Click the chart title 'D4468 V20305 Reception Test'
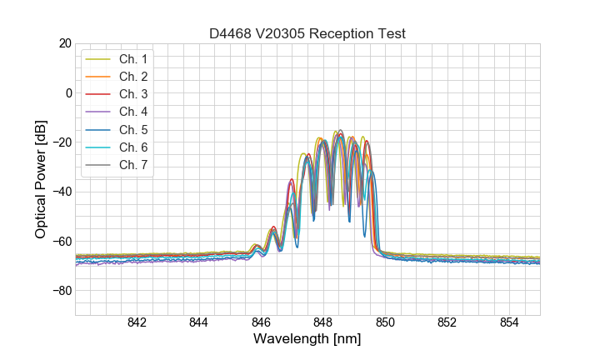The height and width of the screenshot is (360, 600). pos(307,33)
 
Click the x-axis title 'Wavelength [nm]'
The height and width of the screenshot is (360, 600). pos(307,340)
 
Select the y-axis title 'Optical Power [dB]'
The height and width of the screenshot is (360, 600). pos(40,179)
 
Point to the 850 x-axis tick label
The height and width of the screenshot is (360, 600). pos(385,323)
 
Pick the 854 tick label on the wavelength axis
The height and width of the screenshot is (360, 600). pos(509,323)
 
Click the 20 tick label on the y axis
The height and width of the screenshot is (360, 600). pos(64,43)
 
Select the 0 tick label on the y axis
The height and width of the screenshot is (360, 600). pos(67,92)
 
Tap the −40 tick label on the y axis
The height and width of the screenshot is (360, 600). pos(61,192)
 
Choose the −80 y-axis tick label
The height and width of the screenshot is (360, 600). pos(61,291)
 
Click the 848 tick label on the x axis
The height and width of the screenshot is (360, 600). pos(323,323)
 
